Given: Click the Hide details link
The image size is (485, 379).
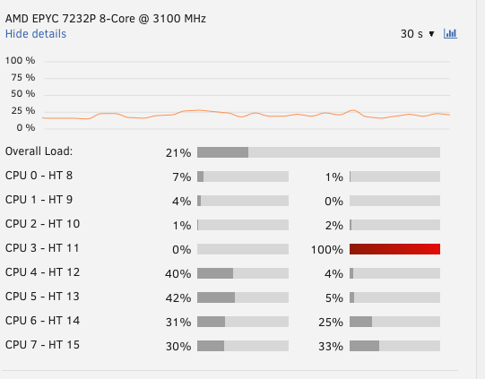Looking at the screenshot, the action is tap(36, 34).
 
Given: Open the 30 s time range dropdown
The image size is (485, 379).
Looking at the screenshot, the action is tap(417, 34).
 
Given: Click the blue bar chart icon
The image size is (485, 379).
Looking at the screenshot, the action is tap(450, 33).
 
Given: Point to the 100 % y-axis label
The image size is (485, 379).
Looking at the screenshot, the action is tap(20, 60).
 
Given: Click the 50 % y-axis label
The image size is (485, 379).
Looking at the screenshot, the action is tap(23, 94).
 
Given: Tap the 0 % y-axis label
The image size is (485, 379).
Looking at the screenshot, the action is tap(26, 127).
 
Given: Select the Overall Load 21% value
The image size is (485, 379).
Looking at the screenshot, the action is tap(178, 152).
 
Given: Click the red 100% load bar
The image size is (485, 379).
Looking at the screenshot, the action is tap(394, 249).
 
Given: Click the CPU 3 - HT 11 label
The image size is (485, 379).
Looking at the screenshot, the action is tap(42, 248).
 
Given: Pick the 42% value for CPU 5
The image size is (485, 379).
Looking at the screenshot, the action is tap(178, 298).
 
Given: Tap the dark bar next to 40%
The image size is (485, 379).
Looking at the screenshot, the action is tap(215, 273).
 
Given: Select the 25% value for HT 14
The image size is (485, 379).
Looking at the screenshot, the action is tap(331, 323).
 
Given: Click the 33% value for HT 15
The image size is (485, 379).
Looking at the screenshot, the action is tap(331, 346).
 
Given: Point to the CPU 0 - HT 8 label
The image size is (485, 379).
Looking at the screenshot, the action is tap(39, 176).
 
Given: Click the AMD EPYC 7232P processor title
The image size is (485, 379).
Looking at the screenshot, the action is tap(106, 19).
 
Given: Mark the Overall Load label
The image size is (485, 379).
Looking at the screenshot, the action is tap(39, 151).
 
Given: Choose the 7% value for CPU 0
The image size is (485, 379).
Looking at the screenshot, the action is tap(182, 177).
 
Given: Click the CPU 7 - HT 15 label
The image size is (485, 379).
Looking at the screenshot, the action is tap(42, 345).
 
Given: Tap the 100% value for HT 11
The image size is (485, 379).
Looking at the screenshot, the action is tap(327, 249).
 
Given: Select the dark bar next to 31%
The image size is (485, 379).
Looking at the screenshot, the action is tap(211, 322).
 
